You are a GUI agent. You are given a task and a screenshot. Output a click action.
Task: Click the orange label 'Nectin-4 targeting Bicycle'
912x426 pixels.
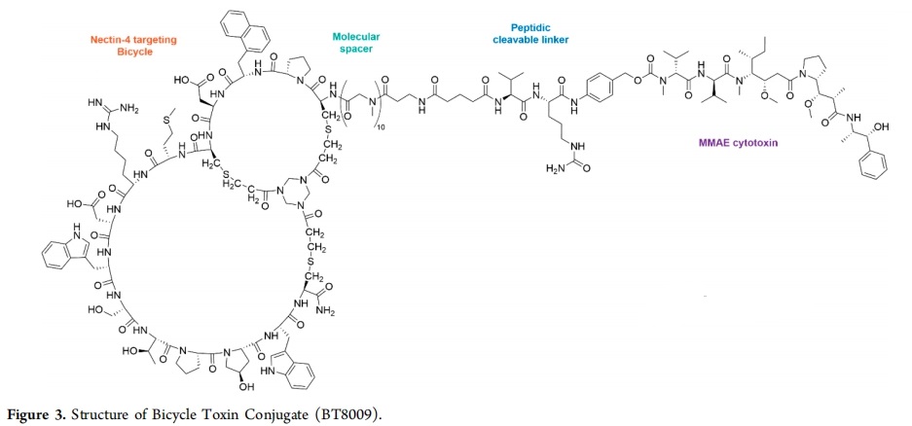[x=133, y=46]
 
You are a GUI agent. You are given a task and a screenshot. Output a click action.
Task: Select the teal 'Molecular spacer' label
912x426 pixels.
[x=356, y=43]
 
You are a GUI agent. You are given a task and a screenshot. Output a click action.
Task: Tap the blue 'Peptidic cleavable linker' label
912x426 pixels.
[x=530, y=33]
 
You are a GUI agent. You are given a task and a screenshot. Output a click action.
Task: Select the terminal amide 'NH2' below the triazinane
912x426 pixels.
[x=327, y=311]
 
